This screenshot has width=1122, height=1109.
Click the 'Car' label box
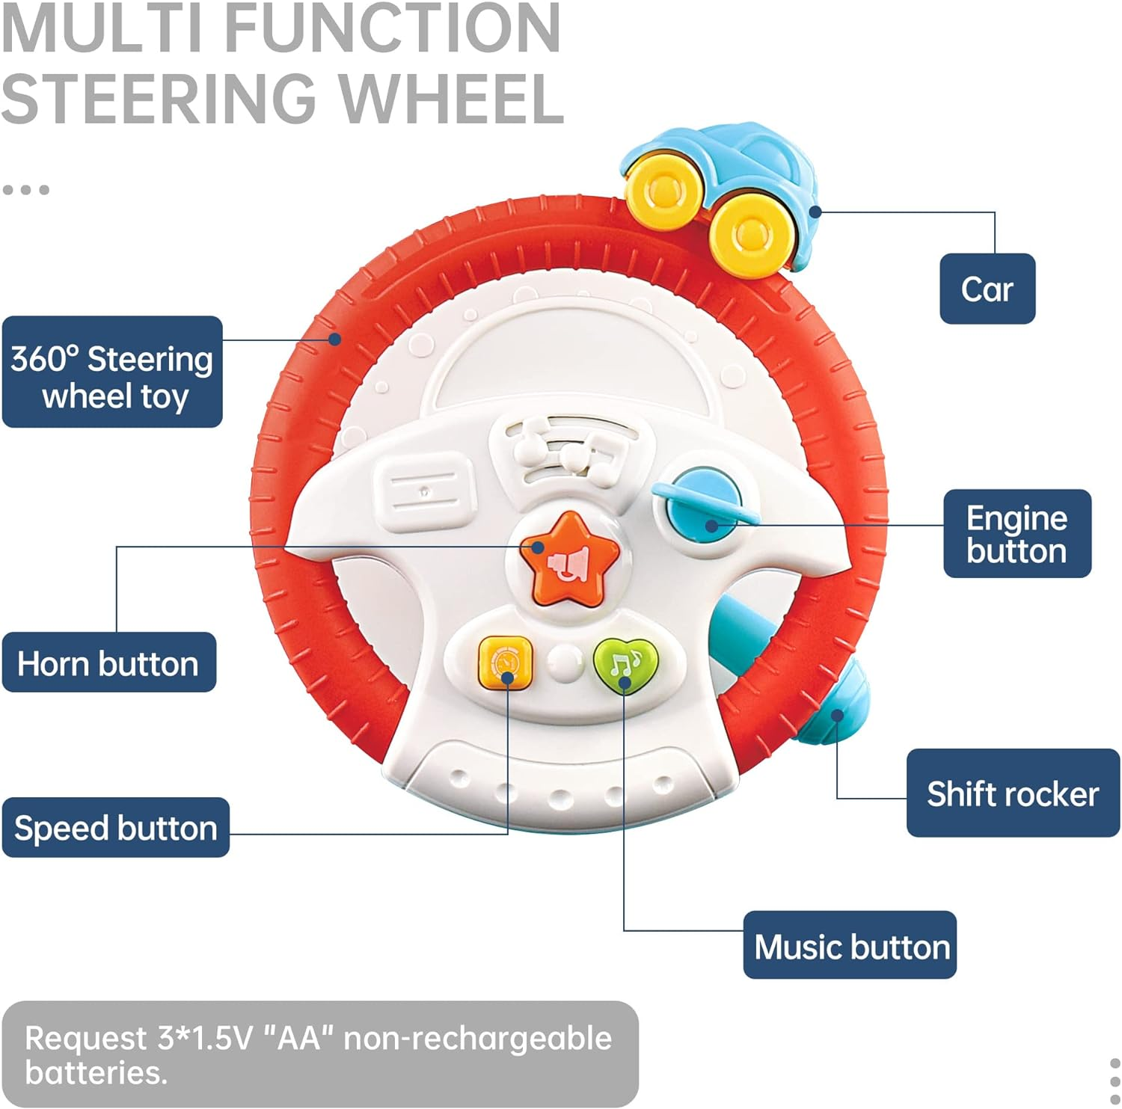coord(987,289)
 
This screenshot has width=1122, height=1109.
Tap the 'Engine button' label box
coord(1017,533)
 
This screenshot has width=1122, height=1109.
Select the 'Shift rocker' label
coord(1012,793)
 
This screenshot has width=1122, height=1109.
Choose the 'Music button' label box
coord(850,945)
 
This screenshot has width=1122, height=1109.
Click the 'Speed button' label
coord(115,828)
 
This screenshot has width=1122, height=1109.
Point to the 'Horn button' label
coord(108,663)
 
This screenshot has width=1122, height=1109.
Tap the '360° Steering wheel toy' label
coord(112,372)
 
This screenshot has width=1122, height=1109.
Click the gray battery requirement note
coord(319,1054)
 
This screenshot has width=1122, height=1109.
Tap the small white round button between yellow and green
coord(565,662)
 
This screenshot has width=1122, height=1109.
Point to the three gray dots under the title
coord(26,190)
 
